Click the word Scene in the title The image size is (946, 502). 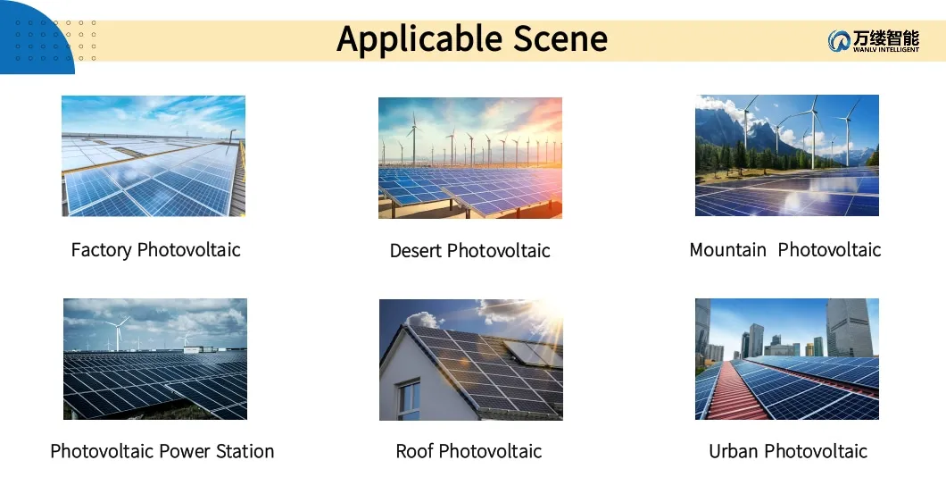point(560,40)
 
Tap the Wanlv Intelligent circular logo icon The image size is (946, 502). point(839,41)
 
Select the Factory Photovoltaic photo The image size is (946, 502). point(154,155)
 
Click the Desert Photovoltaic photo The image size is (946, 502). point(470,157)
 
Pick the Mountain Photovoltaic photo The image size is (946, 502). point(786,155)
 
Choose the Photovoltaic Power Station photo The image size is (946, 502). point(155,359)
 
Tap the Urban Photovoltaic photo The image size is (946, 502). point(786,359)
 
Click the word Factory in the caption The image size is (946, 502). point(101,250)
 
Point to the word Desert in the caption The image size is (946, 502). point(416,251)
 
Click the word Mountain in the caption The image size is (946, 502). point(727,250)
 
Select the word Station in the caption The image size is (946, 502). point(243,451)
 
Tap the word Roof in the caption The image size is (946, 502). point(414,451)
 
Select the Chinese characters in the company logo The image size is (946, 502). point(885,37)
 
